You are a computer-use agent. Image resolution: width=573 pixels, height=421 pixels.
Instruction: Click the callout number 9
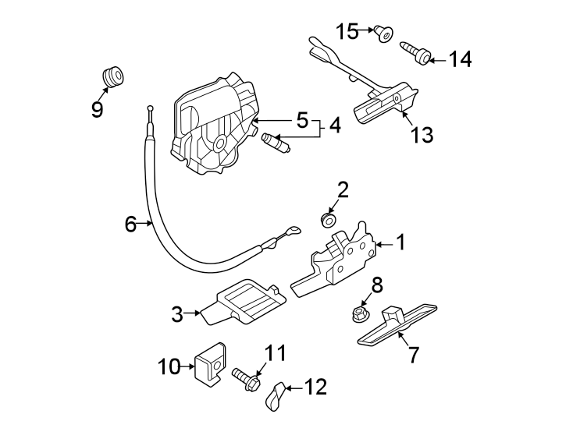97,109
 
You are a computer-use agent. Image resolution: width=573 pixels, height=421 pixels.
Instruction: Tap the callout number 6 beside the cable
130,225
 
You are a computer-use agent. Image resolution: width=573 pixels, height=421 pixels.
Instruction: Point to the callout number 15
347,31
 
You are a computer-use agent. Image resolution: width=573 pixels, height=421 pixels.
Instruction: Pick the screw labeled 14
416,52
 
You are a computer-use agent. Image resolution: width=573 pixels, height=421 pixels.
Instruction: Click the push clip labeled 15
384,34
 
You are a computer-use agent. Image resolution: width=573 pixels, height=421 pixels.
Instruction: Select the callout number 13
422,135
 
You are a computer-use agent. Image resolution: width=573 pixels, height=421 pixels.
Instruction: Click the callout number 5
302,121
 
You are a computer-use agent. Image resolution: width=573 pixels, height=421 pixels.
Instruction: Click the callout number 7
413,355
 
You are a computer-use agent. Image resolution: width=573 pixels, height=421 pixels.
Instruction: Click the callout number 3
177,314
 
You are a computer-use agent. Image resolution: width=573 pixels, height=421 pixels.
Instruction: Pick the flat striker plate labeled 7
395,324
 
